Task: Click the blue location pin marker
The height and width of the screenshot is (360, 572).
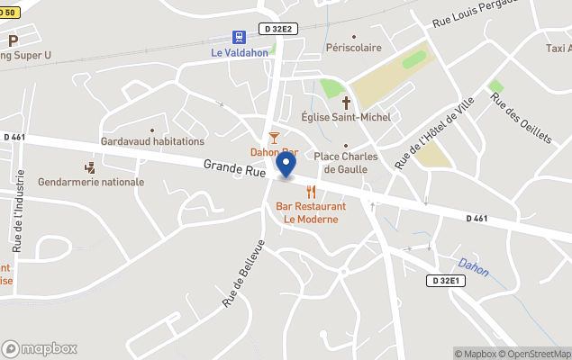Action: click(286, 166)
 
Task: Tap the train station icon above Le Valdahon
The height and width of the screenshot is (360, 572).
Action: click(239, 38)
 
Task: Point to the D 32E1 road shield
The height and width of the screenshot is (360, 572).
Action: click(445, 281)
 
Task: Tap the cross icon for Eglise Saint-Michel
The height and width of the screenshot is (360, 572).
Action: click(345, 103)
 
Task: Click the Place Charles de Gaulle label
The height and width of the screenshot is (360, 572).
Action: click(345, 162)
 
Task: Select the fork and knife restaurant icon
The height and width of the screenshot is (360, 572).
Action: click(312, 192)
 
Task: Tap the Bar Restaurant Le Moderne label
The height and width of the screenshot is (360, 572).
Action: click(311, 212)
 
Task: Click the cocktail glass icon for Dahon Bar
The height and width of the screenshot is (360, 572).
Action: click(274, 137)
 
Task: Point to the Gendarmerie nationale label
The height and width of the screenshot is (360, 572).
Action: click(91, 182)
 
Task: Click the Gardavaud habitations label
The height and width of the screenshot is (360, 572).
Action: click(152, 141)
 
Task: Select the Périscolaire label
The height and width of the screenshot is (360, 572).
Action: click(354, 48)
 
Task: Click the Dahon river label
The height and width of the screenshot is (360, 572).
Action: click(472, 265)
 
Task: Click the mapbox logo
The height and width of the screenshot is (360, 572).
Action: click(40, 348)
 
